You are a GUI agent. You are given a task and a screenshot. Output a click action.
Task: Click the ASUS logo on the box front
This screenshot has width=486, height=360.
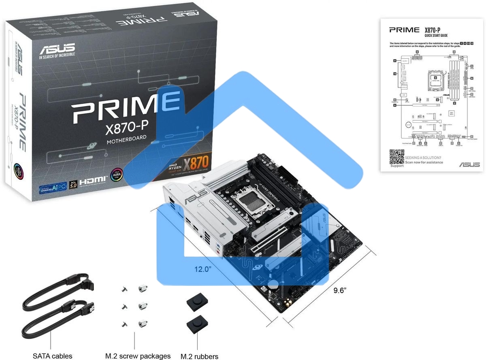57,49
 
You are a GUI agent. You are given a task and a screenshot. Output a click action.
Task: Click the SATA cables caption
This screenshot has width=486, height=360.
53,356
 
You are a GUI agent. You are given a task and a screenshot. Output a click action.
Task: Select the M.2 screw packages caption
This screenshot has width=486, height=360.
138,356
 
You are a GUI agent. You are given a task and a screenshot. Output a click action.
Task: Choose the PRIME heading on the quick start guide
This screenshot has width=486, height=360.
404,30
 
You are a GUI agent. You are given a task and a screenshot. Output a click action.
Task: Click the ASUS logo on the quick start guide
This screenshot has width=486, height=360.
469,164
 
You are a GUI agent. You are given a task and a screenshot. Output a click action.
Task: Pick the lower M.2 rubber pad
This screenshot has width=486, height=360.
198,325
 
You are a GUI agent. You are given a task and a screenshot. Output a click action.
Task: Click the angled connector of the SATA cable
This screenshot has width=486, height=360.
87,283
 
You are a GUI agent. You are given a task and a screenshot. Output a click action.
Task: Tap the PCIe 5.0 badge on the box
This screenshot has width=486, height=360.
73,185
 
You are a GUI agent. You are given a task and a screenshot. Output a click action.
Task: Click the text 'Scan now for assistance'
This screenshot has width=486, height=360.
424,162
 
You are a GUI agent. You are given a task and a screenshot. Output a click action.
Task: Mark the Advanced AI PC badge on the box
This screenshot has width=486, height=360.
53,187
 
